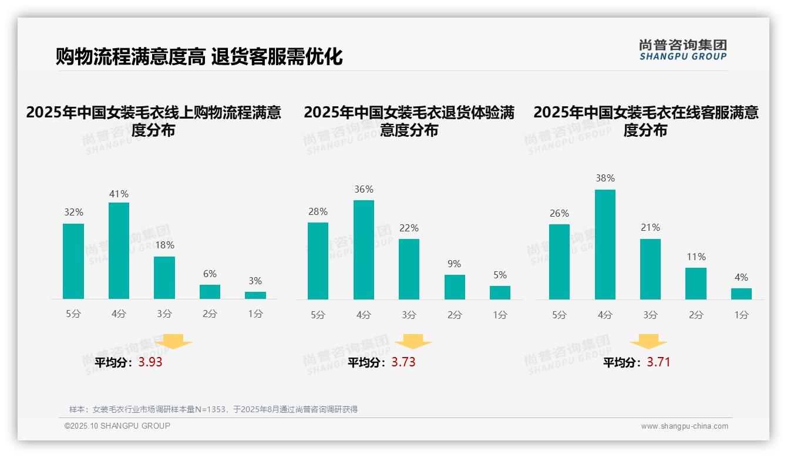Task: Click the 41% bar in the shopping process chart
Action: click(x=119, y=251)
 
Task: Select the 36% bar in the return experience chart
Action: click(x=364, y=250)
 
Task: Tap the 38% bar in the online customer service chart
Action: click(x=605, y=244)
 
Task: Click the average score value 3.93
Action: click(x=150, y=362)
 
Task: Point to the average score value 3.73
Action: click(x=403, y=362)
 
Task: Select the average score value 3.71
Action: click(x=658, y=362)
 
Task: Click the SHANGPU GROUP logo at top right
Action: click(x=682, y=49)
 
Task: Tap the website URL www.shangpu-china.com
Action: click(x=684, y=426)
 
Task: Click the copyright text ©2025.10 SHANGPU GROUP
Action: click(x=117, y=426)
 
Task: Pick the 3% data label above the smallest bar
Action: click(x=255, y=281)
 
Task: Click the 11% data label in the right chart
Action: click(x=696, y=257)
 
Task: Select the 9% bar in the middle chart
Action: click(x=455, y=287)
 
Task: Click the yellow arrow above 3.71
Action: click(x=648, y=341)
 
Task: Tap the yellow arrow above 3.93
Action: click(x=173, y=341)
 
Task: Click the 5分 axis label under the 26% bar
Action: click(x=559, y=315)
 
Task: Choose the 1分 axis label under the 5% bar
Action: click(x=500, y=315)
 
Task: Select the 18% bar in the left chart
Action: click(x=164, y=278)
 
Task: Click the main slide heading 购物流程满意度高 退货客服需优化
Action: click(x=199, y=57)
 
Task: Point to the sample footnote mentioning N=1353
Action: click(x=213, y=409)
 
